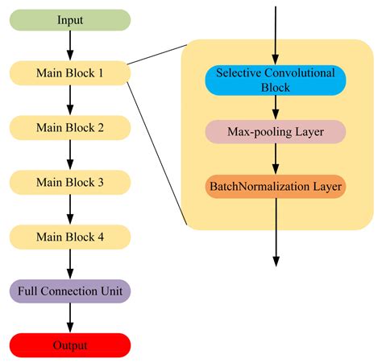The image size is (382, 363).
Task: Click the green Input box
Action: (70, 19)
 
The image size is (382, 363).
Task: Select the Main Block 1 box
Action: (70, 73)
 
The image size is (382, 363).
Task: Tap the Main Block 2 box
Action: (70, 127)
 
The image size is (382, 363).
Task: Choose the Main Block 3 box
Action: (70, 182)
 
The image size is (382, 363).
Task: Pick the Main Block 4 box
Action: (70, 237)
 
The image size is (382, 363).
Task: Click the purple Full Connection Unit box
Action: (70, 291)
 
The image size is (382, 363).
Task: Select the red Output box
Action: (70, 345)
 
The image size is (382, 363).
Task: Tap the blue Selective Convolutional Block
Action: (276, 78)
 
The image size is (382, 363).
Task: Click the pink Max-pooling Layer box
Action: (276, 132)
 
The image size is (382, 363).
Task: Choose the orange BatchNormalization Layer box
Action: (276, 187)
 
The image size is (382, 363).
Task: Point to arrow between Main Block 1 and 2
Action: (70, 100)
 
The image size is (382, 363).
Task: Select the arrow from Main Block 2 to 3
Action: (70, 155)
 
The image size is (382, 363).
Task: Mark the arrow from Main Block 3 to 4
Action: (70, 209)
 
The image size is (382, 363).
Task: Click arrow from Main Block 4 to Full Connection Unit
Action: (70, 263)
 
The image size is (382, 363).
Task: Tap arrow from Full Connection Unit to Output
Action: (70, 318)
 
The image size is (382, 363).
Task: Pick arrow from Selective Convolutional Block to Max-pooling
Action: (276, 106)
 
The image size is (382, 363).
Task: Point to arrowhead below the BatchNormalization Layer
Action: (276, 259)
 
